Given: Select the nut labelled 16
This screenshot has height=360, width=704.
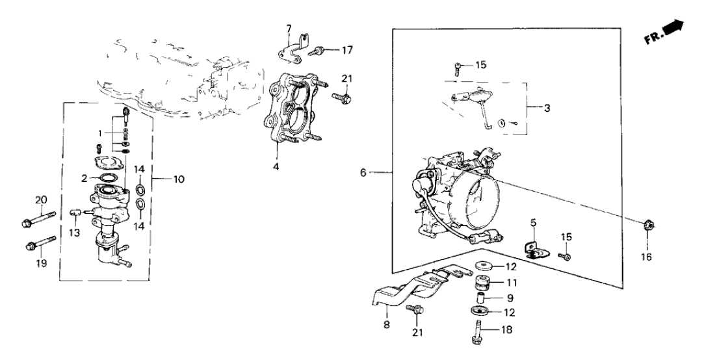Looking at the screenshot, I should [648, 226].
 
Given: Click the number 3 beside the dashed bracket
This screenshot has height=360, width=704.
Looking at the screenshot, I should [547, 109].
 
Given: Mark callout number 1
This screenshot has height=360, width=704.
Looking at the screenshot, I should [99, 133].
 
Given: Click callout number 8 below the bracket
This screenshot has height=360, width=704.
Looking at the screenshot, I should [386, 325].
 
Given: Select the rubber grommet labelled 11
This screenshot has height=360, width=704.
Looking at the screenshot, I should [482, 283].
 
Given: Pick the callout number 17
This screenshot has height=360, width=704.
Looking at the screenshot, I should [349, 49].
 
